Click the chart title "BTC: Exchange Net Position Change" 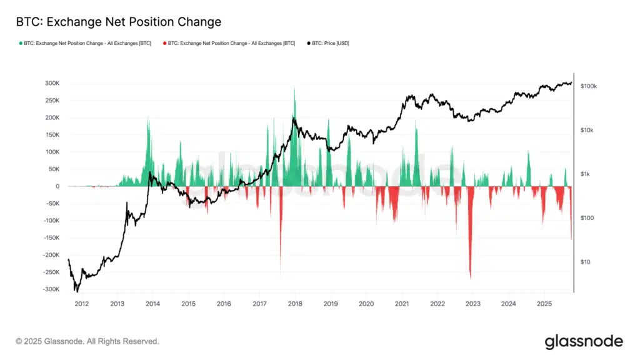coord(118,22)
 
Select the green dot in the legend coord(21,44)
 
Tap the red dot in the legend coord(164,44)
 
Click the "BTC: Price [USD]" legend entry coord(327,44)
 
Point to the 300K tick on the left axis coord(50,83)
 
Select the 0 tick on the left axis coord(57,186)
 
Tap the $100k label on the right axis coord(589,86)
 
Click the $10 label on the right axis coord(585,262)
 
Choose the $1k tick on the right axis coord(586,174)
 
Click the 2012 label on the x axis coord(81,304)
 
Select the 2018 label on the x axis coord(295,304)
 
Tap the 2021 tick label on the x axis coord(402,304)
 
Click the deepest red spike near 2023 coord(470,275)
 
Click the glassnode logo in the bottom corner coord(584,341)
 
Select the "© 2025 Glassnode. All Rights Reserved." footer coord(87,342)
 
